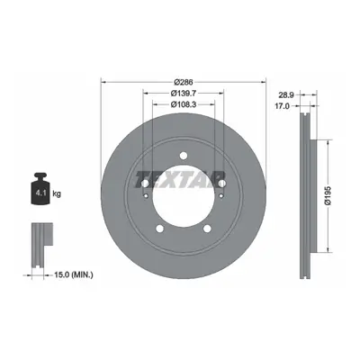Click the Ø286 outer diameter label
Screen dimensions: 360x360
(x=184, y=82)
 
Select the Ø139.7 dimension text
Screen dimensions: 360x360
(x=184, y=94)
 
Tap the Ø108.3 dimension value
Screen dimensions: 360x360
(x=184, y=104)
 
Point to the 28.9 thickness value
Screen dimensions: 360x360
(x=285, y=95)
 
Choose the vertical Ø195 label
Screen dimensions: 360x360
(x=328, y=195)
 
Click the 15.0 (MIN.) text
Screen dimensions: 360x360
(x=74, y=274)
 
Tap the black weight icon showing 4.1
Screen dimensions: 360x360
(x=40, y=188)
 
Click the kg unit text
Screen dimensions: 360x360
(x=57, y=193)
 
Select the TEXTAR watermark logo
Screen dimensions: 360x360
(x=180, y=180)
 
